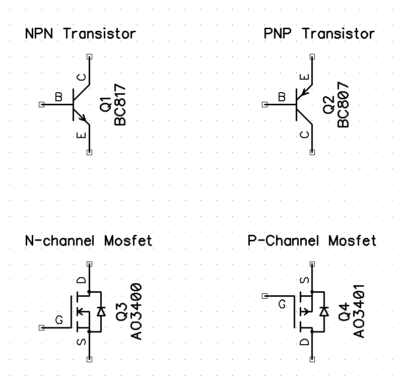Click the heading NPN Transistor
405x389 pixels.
(x=80, y=34)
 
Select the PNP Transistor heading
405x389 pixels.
(x=319, y=34)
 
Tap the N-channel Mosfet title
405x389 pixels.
(x=89, y=241)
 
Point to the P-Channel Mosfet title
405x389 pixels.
(x=312, y=241)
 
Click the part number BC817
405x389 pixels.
(x=120, y=105)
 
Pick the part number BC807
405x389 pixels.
(x=344, y=105)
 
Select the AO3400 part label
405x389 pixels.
(x=137, y=312)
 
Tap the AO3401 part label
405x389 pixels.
(x=360, y=312)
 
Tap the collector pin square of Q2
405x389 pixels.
(x=313, y=153)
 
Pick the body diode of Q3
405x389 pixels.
(x=101, y=311)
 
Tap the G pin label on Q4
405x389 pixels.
(x=282, y=304)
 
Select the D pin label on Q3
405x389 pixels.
(x=83, y=280)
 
